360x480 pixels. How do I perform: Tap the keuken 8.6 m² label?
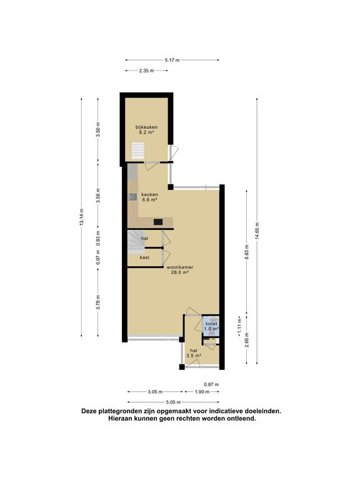[149, 197]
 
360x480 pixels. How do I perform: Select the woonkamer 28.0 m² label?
[179, 269]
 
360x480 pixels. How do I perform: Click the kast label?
[144, 257]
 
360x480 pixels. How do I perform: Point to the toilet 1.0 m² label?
[212, 326]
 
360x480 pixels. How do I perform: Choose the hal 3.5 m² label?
[194, 354]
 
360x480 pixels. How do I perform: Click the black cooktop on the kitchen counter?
[158, 221]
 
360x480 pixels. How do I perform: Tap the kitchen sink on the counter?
[133, 197]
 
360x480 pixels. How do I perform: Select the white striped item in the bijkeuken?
[137, 151]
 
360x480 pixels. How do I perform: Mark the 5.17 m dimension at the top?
[172, 60]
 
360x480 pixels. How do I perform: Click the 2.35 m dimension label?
[147, 71]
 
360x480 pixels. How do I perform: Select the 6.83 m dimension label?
[247, 257]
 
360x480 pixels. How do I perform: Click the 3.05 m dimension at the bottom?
[154, 392]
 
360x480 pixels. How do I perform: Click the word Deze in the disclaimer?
[91, 411]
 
